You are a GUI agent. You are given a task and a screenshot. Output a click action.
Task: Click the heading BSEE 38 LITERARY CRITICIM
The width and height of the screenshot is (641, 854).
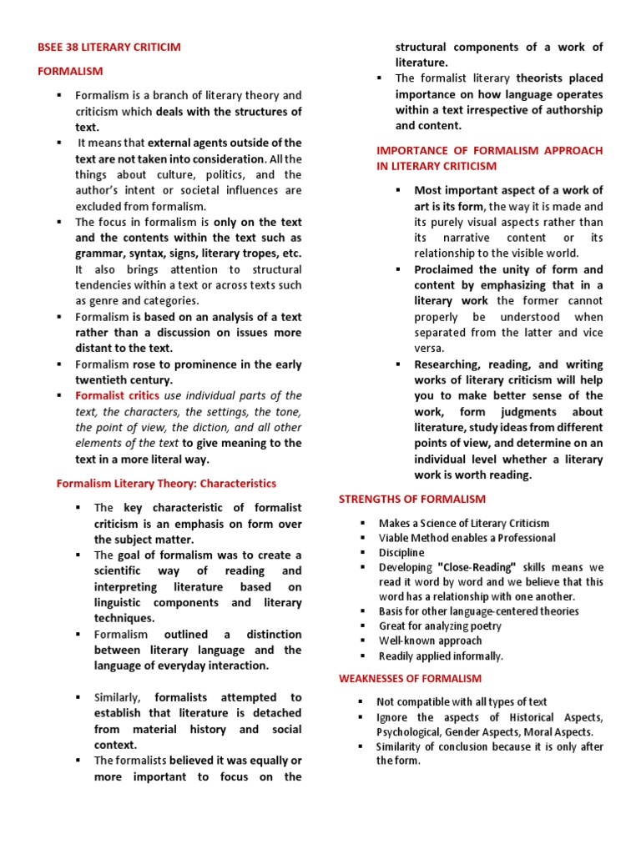coord(109,47)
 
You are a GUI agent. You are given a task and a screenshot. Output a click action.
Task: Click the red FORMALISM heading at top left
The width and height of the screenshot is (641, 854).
coord(69,71)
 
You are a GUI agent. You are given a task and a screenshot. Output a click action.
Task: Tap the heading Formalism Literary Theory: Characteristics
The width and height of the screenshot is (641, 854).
coord(165,483)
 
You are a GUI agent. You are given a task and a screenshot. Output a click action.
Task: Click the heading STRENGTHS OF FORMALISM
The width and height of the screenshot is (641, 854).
coord(411,499)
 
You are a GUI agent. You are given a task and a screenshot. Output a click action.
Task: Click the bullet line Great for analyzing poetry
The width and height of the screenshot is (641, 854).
coord(440,625)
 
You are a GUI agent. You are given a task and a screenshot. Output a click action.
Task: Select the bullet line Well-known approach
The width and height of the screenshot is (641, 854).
coord(430,640)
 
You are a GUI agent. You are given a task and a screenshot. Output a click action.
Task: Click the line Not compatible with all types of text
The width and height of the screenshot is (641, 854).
coord(462,701)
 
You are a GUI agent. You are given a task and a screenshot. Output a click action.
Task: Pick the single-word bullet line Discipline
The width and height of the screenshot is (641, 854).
coord(401,552)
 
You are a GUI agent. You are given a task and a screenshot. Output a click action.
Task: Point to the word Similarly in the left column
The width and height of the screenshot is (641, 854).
coord(119,697)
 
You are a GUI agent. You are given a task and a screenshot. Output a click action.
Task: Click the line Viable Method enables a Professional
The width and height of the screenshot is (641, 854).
coord(467,538)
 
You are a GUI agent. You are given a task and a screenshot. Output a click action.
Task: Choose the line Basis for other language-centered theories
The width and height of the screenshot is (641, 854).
coord(478,611)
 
